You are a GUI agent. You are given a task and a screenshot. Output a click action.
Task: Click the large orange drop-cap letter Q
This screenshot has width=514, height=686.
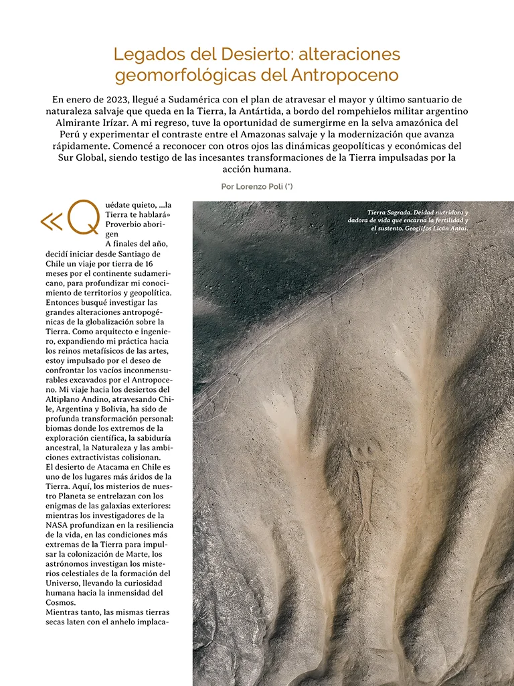point(84,217)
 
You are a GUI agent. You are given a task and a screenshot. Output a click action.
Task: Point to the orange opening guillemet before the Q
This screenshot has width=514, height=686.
point(52,221)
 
